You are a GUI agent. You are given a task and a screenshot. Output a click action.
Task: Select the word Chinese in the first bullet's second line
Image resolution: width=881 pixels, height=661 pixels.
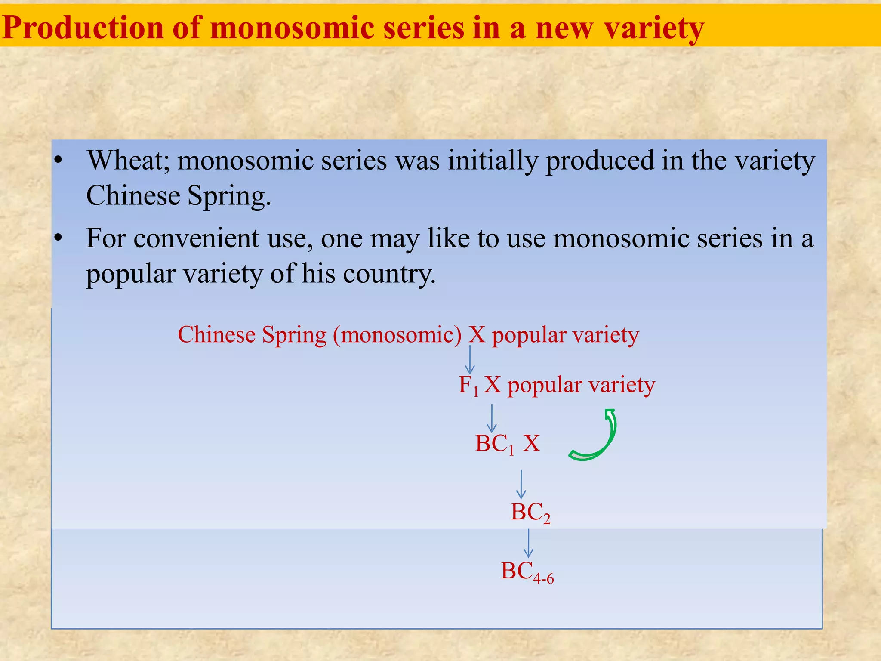click(x=133, y=196)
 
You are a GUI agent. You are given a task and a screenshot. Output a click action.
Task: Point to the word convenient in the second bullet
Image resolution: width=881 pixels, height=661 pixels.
click(x=196, y=238)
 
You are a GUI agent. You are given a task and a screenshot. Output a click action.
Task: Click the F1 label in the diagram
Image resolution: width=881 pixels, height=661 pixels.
click(x=468, y=385)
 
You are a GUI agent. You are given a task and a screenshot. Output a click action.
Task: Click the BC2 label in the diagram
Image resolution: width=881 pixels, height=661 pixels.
click(x=530, y=513)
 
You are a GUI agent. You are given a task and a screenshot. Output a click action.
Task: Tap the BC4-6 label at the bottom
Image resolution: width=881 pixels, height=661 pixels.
click(x=527, y=572)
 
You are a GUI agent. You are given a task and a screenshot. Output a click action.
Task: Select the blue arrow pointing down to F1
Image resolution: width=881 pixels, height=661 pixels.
click(x=470, y=360)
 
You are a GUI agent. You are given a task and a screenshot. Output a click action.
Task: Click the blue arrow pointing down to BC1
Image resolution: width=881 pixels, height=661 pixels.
click(x=492, y=418)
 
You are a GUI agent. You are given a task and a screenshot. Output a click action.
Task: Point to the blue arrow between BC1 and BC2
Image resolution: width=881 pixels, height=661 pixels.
click(x=521, y=485)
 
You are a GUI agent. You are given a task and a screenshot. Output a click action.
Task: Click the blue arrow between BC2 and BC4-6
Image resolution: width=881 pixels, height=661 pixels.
click(x=528, y=543)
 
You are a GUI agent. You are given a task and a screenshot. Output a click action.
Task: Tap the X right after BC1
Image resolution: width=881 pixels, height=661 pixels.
click(x=531, y=443)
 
